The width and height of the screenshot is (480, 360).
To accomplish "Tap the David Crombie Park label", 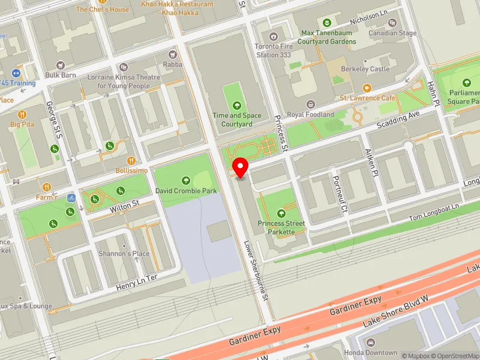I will tap(185, 191).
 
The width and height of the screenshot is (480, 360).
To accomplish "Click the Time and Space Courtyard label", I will tap(236, 119).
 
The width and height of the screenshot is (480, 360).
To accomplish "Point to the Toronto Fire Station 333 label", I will tap(274, 49).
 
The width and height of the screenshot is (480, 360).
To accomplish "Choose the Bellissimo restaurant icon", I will tap(131, 160).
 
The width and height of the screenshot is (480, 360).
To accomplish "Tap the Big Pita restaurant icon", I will tap(22, 114).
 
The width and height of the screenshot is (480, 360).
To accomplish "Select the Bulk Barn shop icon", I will tap(60, 65).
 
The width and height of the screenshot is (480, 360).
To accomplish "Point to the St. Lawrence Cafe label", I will tap(368, 98).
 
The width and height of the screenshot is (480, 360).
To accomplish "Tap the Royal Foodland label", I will tap(310, 114).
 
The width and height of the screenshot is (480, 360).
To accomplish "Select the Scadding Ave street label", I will tap(397, 121).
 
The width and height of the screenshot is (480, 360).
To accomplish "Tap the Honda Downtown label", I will tap(371, 353).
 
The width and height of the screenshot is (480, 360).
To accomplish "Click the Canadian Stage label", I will tap(392, 33).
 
